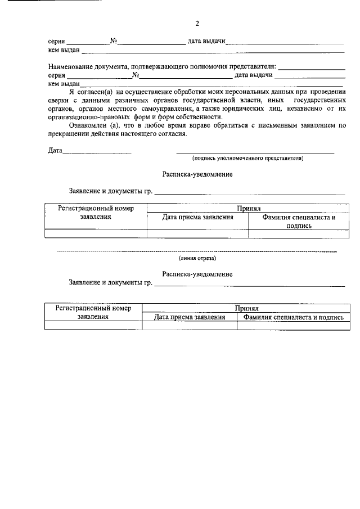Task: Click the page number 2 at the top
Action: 197,24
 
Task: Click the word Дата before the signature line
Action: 55,151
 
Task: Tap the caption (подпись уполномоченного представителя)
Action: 248,159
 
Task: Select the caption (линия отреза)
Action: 196,258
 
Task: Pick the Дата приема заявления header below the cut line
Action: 190,317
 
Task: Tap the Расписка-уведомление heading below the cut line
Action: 197,274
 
